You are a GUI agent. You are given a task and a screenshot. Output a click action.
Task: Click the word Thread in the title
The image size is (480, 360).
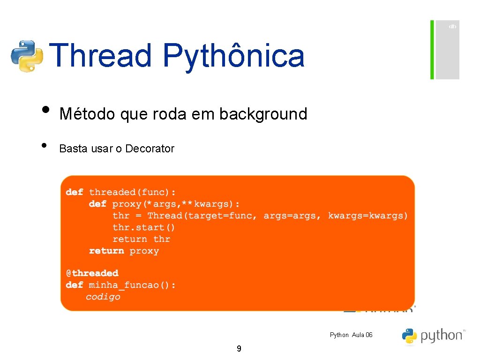click(x=100, y=56)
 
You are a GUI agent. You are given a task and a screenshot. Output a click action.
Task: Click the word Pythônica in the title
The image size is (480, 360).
click(x=233, y=56)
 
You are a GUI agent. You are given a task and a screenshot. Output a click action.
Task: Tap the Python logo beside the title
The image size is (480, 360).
click(x=27, y=56)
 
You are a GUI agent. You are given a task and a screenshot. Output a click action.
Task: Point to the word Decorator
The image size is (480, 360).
click(x=150, y=149)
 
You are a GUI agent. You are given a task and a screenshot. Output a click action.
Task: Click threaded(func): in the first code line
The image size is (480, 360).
click(x=133, y=192)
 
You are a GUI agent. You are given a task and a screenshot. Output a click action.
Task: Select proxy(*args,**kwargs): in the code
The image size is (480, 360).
click(x=176, y=204)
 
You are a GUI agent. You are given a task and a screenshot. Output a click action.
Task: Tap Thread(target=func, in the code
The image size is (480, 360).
click(x=202, y=216)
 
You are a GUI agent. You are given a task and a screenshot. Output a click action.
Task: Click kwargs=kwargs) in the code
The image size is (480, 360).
click(x=368, y=216)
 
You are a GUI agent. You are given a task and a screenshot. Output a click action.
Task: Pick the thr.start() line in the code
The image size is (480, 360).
click(x=144, y=227)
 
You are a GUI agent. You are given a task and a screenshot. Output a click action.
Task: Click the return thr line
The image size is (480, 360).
click(x=141, y=239)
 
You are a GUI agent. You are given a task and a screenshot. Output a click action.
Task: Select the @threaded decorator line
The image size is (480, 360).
click(x=92, y=273)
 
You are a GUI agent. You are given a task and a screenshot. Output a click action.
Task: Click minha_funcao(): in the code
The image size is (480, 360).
click(x=133, y=285)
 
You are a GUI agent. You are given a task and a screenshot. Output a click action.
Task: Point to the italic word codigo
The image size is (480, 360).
click(x=103, y=297)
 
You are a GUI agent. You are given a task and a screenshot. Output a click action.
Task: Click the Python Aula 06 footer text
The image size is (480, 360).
click(x=351, y=335)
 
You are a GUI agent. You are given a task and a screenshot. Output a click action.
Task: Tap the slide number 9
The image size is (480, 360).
click(x=239, y=348)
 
